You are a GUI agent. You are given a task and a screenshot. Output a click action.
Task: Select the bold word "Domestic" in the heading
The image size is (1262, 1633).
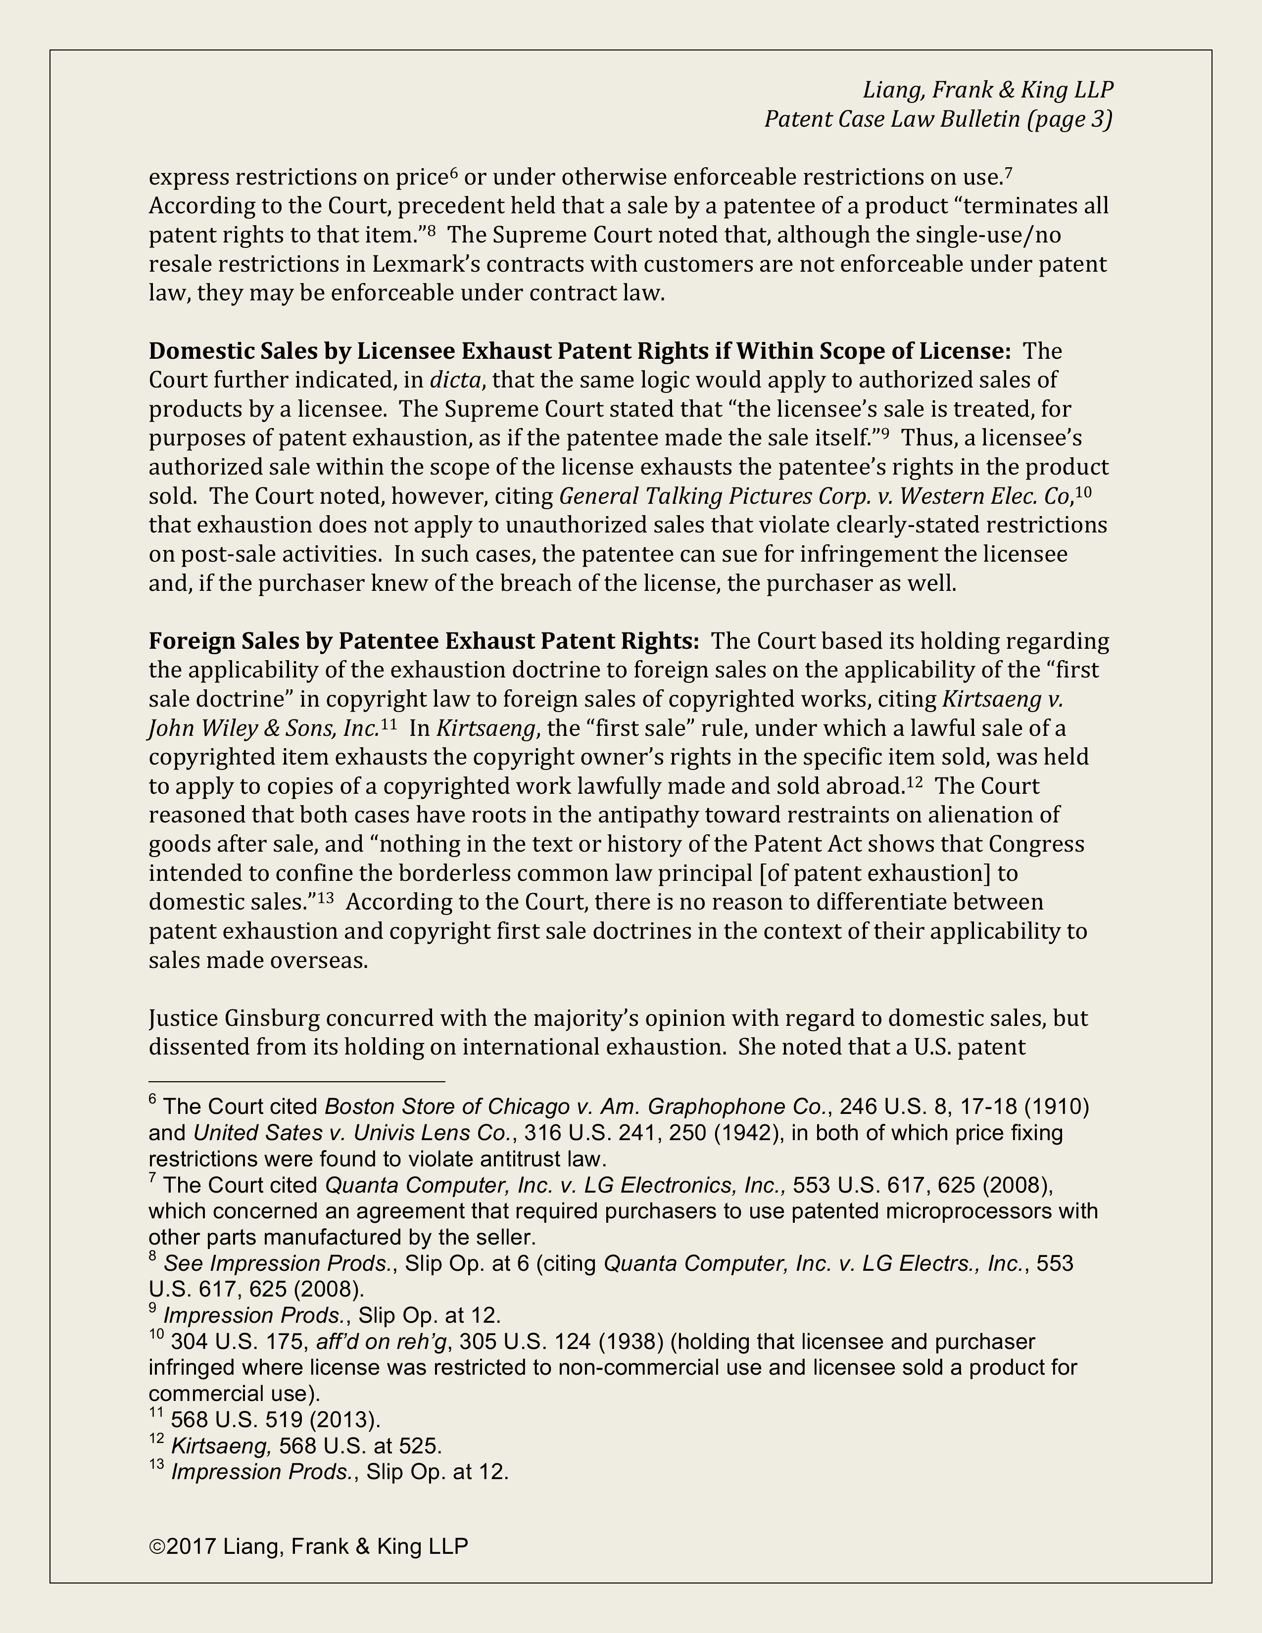196,351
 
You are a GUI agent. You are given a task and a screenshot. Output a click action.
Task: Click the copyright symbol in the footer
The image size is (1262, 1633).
157,1546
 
